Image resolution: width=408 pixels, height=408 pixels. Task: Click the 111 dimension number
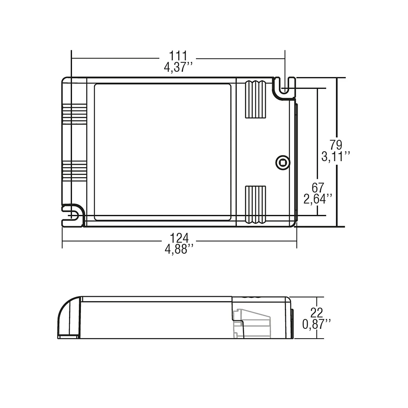click(178, 56)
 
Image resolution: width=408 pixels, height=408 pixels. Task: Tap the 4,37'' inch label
click(178, 67)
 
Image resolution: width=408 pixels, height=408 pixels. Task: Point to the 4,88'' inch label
click(179, 249)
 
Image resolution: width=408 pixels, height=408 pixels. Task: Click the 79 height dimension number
click(336, 145)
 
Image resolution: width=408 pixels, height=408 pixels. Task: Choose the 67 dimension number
click(318, 187)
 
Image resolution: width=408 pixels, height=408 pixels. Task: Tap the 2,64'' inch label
click(318, 199)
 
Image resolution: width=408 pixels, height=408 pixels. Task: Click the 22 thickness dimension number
click(317, 312)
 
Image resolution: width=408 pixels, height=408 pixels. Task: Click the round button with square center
click(282, 162)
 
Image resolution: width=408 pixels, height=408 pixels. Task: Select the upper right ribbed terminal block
click(255, 99)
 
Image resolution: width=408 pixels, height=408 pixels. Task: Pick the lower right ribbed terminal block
click(255, 205)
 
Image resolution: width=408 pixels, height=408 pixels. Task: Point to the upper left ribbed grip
click(74, 114)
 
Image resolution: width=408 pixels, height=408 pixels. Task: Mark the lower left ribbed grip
click(74, 172)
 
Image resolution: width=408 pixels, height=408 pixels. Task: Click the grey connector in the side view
click(252, 323)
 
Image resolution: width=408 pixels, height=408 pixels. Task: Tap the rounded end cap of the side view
click(68, 318)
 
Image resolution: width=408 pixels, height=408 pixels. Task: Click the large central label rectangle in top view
click(162, 151)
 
